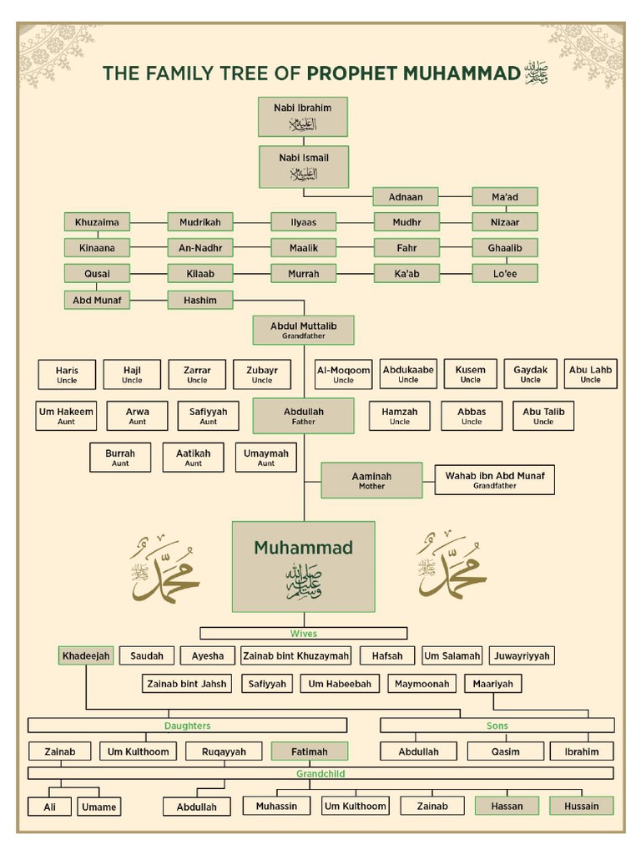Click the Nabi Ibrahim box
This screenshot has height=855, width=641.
(x=302, y=116)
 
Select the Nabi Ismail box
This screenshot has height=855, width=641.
(x=304, y=165)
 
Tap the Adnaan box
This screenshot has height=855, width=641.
(x=406, y=197)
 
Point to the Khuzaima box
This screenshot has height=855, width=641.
(x=97, y=222)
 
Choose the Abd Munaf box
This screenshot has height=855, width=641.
(x=97, y=300)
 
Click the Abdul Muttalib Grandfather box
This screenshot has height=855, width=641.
(x=304, y=330)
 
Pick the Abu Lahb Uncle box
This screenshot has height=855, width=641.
(x=590, y=374)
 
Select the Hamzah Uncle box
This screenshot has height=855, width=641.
(x=400, y=416)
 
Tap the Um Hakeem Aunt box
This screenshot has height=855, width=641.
(x=66, y=416)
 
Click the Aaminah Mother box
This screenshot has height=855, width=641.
(x=371, y=480)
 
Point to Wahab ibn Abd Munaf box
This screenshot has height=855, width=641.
(x=494, y=479)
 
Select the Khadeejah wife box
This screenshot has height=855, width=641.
(x=86, y=656)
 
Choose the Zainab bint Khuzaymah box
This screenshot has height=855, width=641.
(x=296, y=656)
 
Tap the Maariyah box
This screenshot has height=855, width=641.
(x=492, y=684)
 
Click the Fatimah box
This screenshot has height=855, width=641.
(x=309, y=751)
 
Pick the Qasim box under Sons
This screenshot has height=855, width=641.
(x=505, y=751)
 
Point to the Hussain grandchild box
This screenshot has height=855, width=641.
(x=581, y=806)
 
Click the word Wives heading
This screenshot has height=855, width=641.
(x=303, y=634)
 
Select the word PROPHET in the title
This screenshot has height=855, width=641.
(x=351, y=73)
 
